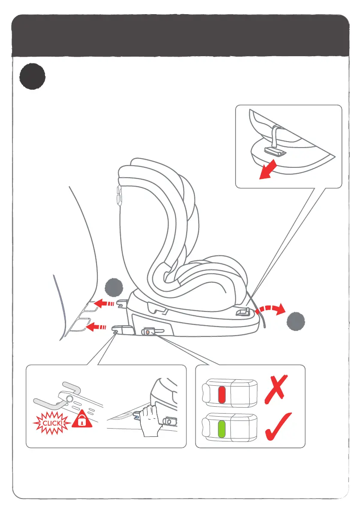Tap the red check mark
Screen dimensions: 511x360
[x=278, y=427]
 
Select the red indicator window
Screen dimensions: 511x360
[x=222, y=394]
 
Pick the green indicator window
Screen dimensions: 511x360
[x=222, y=429]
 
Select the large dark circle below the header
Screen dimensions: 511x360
[x=32, y=77]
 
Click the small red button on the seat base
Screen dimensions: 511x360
[x=148, y=332]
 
